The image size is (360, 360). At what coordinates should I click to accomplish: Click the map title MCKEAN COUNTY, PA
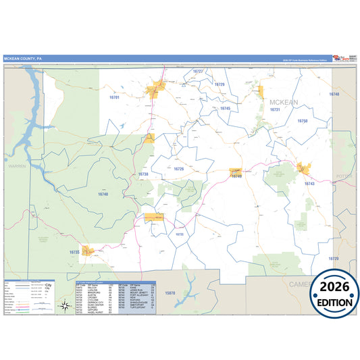(24, 58)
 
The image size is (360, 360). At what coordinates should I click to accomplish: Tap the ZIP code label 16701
(114, 98)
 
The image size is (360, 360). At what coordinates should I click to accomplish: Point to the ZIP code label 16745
(225, 108)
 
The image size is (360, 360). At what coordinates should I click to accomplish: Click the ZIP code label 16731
(274, 109)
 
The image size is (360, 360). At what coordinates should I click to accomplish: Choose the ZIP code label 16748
(334, 95)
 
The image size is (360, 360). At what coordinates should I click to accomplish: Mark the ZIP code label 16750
(302, 120)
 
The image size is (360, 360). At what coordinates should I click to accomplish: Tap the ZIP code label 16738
(143, 174)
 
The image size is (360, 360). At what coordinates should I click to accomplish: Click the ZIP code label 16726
(178, 169)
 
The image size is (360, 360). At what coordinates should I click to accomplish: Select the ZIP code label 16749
(236, 176)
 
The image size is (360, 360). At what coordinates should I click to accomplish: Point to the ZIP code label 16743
(309, 184)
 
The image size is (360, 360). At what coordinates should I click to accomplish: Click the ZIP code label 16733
(179, 234)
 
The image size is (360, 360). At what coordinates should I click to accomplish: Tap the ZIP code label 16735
(74, 252)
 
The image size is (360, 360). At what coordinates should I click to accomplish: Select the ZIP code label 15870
(170, 292)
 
